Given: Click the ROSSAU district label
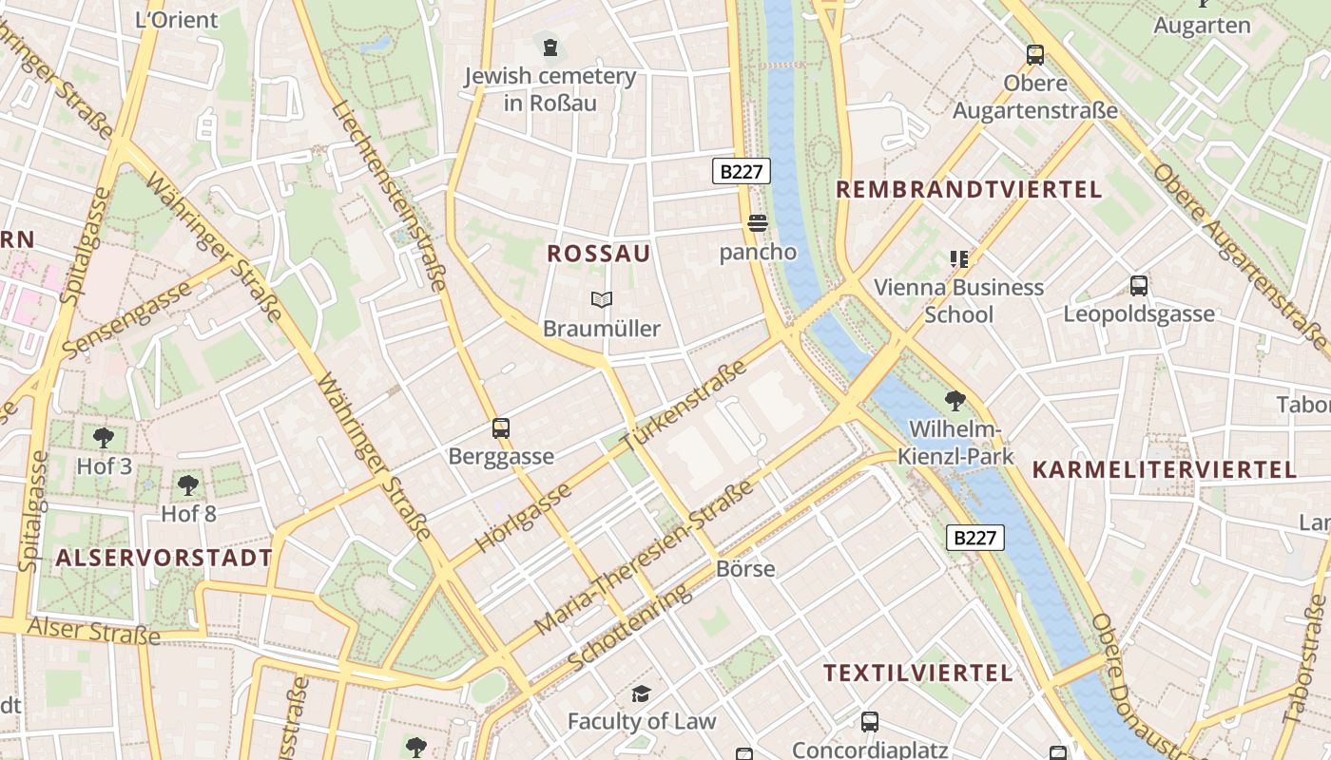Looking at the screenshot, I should click(599, 254).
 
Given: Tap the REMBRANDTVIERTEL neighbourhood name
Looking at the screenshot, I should click(969, 189).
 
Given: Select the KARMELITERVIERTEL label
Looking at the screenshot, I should click(1164, 469).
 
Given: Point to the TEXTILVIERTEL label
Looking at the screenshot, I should click(917, 674).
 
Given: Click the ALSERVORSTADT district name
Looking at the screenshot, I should click(164, 558).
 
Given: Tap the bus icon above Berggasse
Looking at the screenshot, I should click(501, 428).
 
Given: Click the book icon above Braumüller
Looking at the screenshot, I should click(601, 300).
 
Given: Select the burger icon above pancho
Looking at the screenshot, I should click(758, 223).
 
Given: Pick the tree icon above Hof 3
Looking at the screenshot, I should click(104, 438).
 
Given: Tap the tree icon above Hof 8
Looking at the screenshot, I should click(188, 485).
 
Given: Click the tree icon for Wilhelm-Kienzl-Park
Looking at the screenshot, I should click(955, 401).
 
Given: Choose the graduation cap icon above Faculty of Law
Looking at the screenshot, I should click(641, 693).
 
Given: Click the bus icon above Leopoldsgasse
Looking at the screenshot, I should click(1138, 285).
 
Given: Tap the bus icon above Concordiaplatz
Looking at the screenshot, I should click(869, 722).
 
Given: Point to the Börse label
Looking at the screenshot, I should click(745, 569).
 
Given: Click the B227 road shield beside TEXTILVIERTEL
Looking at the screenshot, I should click(975, 538).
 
